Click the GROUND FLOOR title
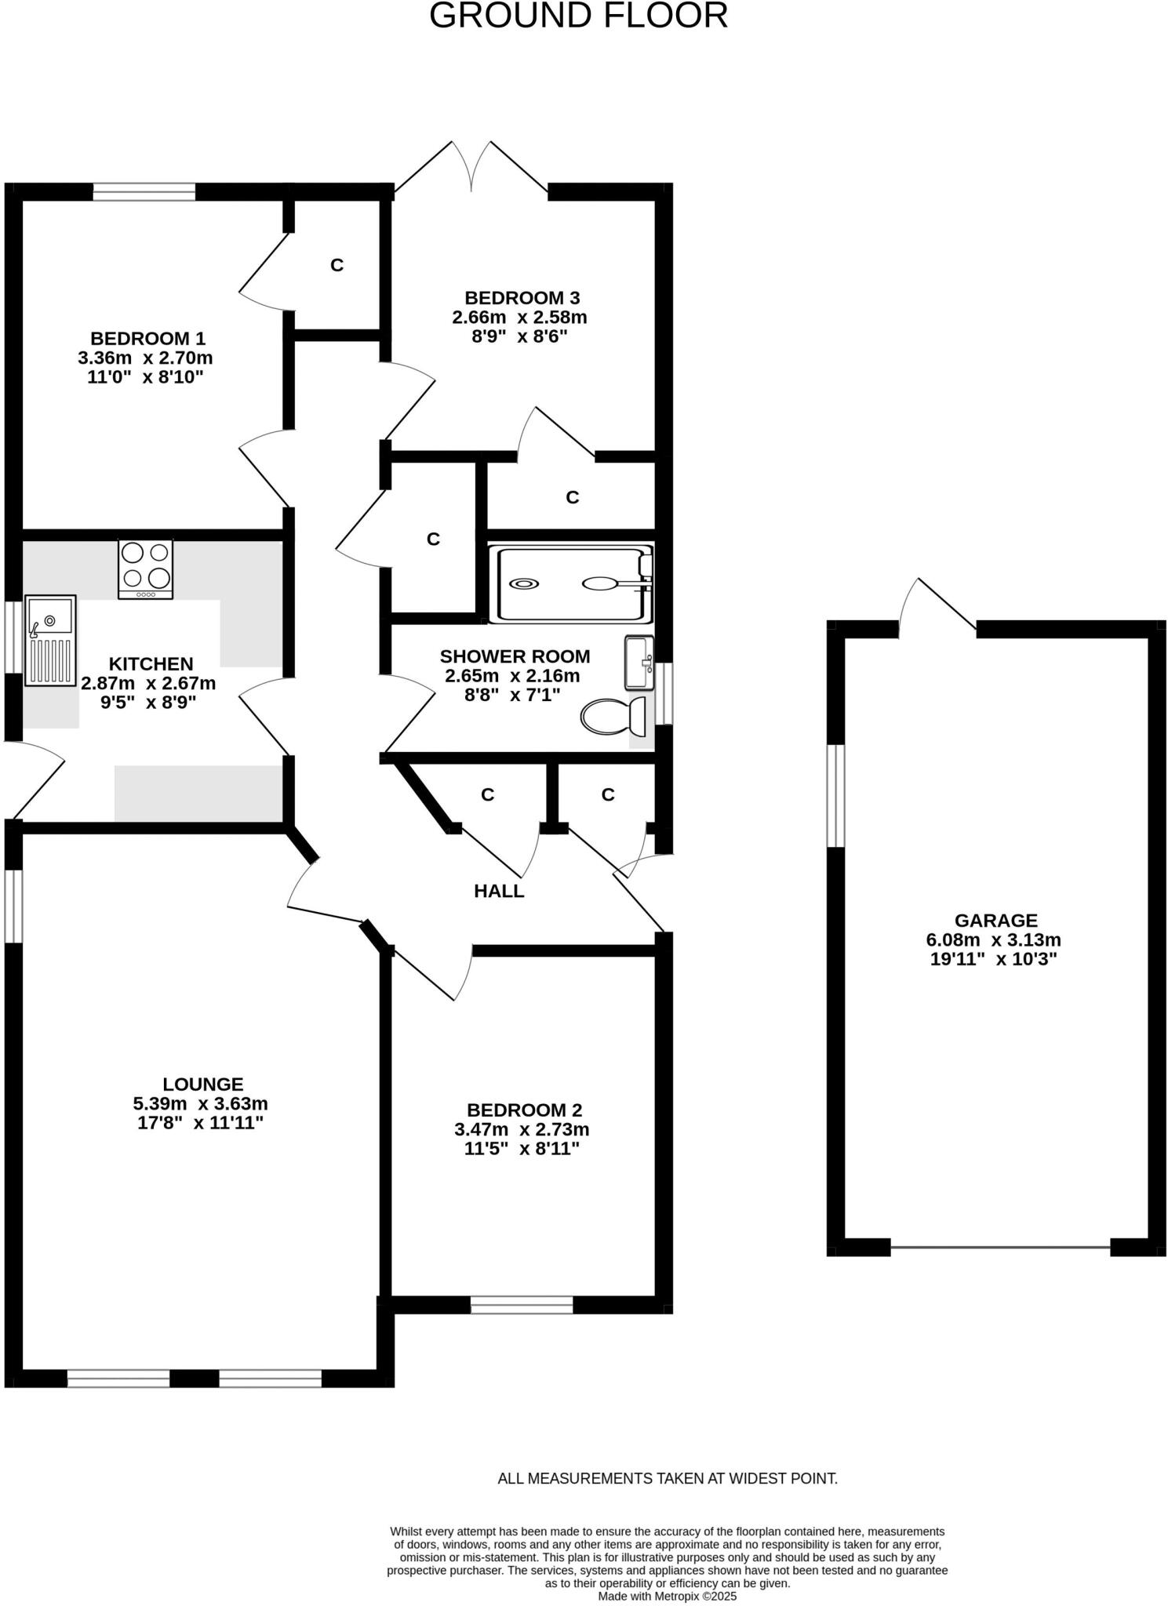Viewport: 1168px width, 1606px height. [x=578, y=16]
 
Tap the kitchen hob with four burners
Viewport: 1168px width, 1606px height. [x=146, y=569]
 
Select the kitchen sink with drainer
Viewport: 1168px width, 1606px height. [x=51, y=639]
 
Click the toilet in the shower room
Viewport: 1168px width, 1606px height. [x=617, y=715]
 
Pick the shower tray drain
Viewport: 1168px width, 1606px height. [x=523, y=584]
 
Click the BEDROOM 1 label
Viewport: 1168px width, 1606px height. [x=148, y=339]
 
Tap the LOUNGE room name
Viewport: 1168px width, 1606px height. [x=203, y=1085]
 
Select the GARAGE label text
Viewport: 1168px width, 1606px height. [x=995, y=921]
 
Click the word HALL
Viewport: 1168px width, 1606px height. [x=499, y=891]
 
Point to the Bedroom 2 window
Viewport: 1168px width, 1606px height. [x=522, y=1304]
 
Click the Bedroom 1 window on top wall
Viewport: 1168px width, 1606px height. [x=144, y=192]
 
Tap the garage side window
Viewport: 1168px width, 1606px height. [x=836, y=796]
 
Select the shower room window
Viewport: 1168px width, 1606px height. [x=664, y=693]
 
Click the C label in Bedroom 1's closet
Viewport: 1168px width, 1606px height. [x=337, y=265]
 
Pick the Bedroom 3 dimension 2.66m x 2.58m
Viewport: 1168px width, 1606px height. [x=519, y=318]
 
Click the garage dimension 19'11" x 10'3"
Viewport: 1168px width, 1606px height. [x=994, y=959]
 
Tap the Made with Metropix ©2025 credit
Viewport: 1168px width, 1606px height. [x=668, y=1596]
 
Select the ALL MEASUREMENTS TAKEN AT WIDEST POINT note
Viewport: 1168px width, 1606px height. [x=668, y=1478]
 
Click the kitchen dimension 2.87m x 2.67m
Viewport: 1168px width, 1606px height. [x=148, y=683]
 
